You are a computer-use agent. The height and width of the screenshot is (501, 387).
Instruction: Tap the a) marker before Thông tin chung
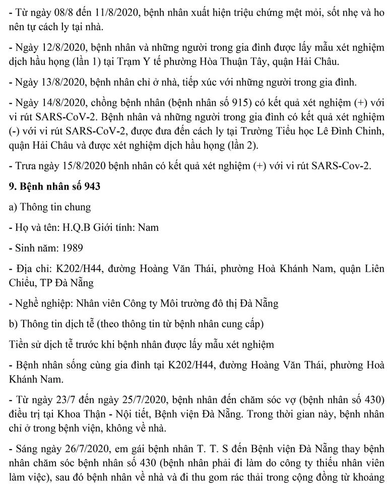(14, 207)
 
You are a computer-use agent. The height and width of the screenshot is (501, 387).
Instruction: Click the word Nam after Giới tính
(149, 227)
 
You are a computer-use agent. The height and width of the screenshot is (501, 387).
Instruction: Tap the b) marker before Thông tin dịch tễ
(15, 324)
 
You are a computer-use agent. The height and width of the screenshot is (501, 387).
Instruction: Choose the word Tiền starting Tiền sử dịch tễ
(19, 344)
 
